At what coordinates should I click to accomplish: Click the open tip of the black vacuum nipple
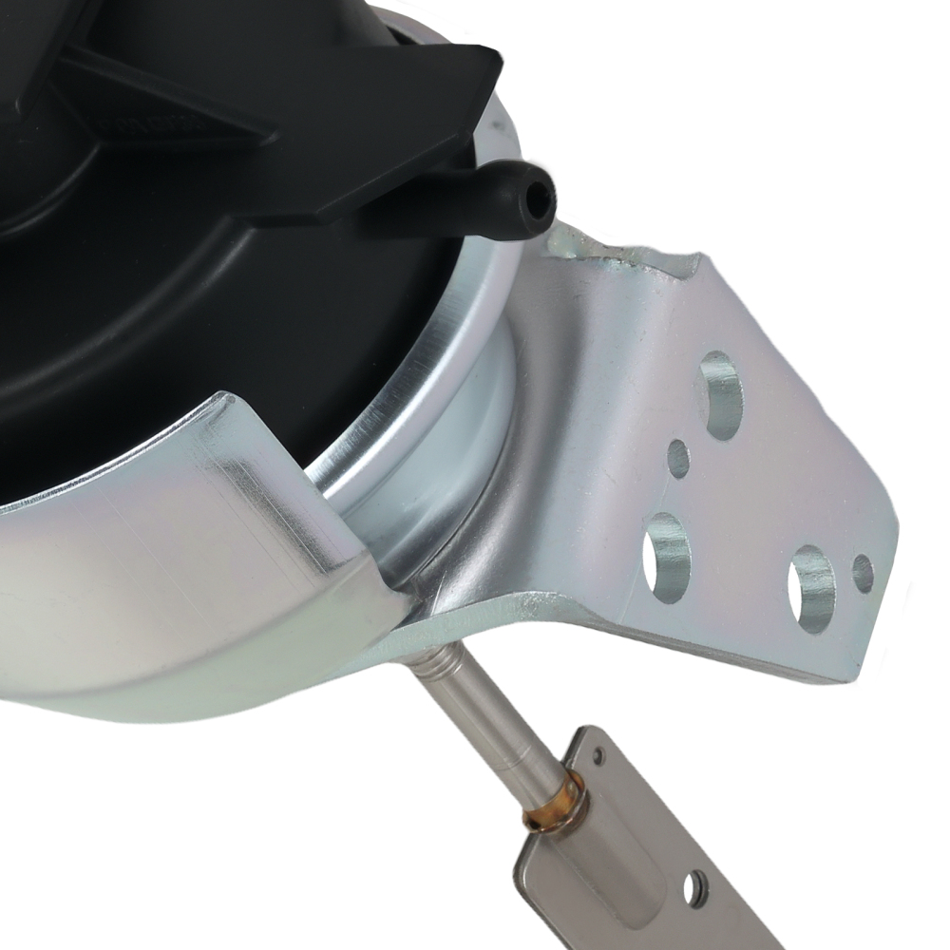pyautogui.click(x=541, y=198)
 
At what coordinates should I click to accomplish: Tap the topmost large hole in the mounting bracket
pyautogui.click(x=720, y=394)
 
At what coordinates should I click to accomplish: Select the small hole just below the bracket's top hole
pyautogui.click(x=678, y=459)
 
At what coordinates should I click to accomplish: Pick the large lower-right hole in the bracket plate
pyautogui.click(x=811, y=588)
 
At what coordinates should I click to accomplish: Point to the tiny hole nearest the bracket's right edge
pyautogui.click(x=863, y=573)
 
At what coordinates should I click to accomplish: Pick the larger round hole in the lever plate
pyautogui.click(x=695, y=888)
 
